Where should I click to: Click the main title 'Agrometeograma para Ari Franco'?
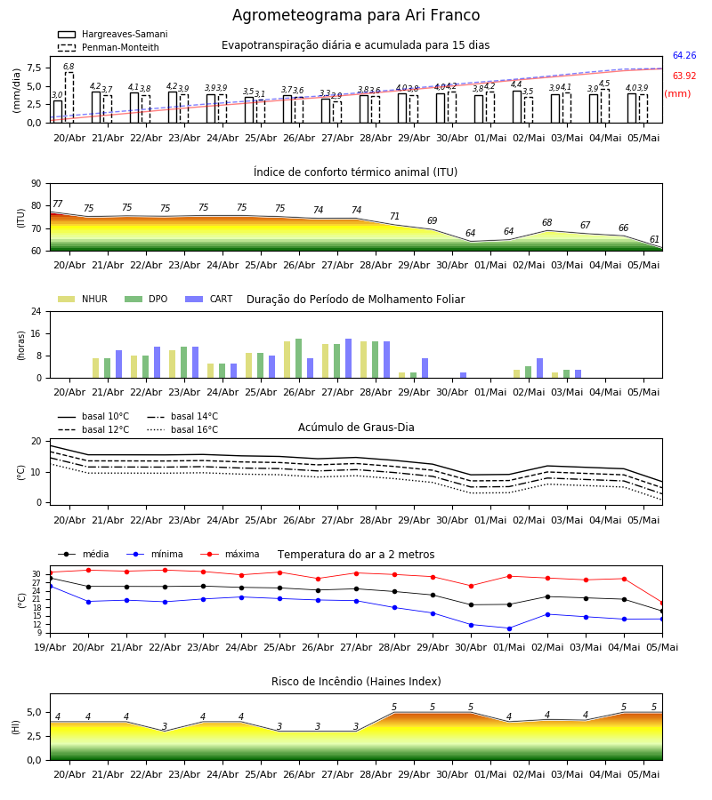pos(356,15)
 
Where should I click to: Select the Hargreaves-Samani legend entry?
pos(113,34)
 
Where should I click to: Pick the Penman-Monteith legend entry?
pos(109,47)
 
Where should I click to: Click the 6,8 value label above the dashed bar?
pos(69,67)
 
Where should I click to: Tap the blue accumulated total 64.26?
pos(684,56)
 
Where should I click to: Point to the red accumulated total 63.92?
pos(684,76)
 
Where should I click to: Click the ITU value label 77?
pos(57,204)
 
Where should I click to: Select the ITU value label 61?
pos(654,239)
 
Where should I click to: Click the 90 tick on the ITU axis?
pos(36,184)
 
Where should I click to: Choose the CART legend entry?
pos(209,299)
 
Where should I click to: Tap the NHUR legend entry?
pos(83,299)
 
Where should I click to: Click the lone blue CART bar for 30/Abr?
pos(464,375)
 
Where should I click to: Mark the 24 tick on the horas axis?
pos(36,312)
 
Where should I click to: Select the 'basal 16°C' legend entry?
pos(182,429)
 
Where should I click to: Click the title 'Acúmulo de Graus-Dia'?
pos(356,428)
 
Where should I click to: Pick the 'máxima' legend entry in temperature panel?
pos(230,554)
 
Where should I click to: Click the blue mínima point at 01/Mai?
pos(509,628)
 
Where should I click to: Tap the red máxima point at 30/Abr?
pos(471,587)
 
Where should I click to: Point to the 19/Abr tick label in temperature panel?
pos(50,647)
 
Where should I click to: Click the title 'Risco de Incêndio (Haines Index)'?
pos(356,682)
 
